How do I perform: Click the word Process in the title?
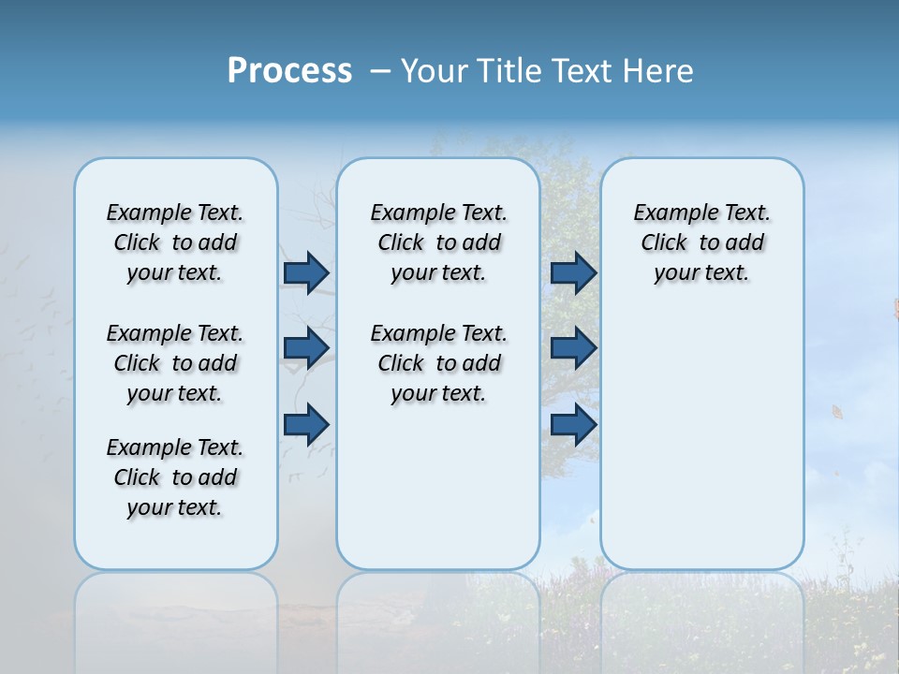click(x=289, y=70)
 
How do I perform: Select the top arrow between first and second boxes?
click(x=306, y=272)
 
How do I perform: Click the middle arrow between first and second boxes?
click(x=306, y=348)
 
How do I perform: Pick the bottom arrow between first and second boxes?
click(x=306, y=424)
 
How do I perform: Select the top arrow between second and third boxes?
click(x=573, y=272)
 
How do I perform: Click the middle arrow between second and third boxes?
click(x=573, y=348)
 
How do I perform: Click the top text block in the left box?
click(x=175, y=242)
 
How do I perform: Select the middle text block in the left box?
click(x=175, y=363)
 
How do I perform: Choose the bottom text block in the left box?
click(x=175, y=477)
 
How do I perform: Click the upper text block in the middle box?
click(x=438, y=242)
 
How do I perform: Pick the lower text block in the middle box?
click(x=438, y=363)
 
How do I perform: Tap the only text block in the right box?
click(x=701, y=242)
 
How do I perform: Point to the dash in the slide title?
click(x=380, y=71)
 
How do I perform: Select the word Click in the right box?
click(x=664, y=243)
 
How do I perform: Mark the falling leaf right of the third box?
click(x=838, y=411)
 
